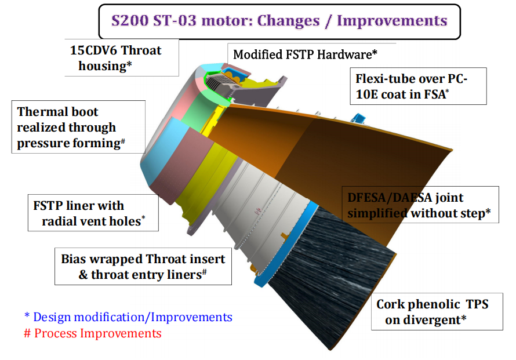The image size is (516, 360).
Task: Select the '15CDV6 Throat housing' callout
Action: (121, 57)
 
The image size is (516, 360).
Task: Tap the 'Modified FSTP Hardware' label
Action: (305, 54)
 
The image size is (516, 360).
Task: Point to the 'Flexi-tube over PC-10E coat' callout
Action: (418, 86)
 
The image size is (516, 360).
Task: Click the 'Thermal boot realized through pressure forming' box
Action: (78, 127)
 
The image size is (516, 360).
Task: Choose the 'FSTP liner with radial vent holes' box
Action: (93, 213)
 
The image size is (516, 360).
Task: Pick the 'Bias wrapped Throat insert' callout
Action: (143, 266)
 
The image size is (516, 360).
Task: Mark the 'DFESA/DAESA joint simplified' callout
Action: (420, 205)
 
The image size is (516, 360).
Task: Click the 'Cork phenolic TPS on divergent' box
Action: (437, 312)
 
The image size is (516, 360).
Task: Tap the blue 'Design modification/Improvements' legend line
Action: (128, 317)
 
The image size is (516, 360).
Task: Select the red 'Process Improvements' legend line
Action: (92, 333)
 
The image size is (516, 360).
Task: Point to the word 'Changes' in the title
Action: (288, 21)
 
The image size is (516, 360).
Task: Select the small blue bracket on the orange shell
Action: (358, 118)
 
